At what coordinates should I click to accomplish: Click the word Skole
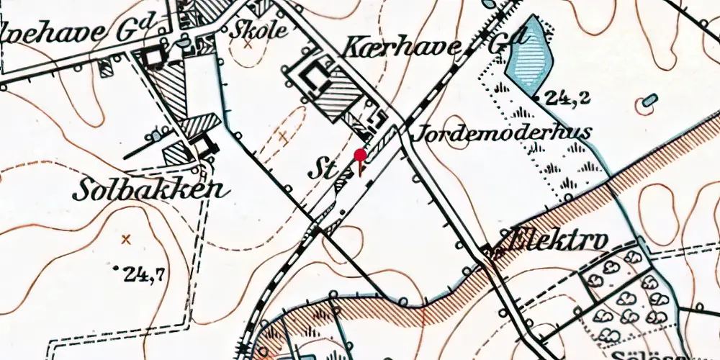(259, 30)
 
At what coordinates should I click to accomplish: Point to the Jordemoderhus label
(503, 132)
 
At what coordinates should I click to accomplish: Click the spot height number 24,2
(567, 97)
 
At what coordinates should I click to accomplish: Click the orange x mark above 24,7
(127, 238)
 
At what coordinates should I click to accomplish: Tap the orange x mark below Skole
(248, 44)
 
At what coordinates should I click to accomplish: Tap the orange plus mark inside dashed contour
(284, 135)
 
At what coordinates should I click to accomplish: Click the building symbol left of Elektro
(494, 251)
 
